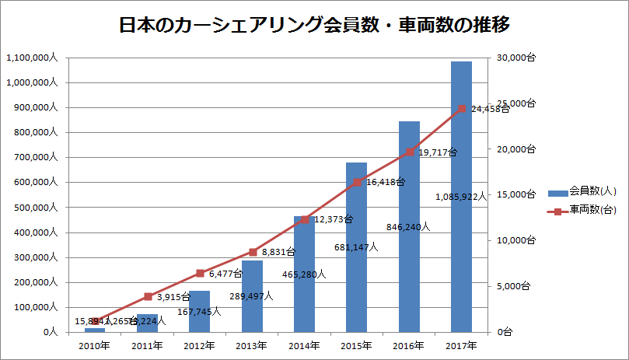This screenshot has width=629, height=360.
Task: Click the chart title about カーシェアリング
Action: pos(314,26)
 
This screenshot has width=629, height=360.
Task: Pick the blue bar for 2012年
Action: pos(200,311)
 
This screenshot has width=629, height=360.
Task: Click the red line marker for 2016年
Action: pos(410,152)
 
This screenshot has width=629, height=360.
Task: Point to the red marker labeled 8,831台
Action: pos(253,252)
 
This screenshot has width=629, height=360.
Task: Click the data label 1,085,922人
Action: pos(462,197)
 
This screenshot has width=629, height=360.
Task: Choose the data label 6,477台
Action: pos(227,274)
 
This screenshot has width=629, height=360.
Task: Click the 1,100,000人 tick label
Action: pos(30,58)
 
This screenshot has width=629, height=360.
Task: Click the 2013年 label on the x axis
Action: pos(252,345)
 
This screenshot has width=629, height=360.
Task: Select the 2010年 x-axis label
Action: pos(94,345)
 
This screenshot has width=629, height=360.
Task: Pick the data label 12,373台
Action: pos(333,220)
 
